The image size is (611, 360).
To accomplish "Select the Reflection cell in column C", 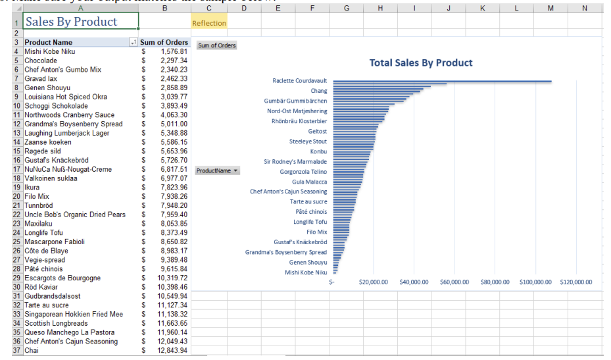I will pos(208,23).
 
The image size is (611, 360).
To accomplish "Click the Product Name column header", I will pos(49,42).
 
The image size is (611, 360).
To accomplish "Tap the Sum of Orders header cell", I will pos(164,42).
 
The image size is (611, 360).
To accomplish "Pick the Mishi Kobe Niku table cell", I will pos(50,51).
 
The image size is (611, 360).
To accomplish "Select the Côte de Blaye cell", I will pos(46,251).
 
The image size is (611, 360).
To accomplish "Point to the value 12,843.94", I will pos(172,351).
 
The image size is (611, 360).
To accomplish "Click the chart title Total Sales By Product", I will pos(421,63).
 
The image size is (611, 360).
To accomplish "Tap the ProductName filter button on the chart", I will pos(217,170).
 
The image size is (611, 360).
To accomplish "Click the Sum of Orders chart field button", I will pos(217,45).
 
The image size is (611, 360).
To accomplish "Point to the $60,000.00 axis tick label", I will pos(454,282).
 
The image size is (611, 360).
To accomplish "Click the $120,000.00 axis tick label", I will pos(575,282).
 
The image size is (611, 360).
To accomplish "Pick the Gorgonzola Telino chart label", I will pos(303,172).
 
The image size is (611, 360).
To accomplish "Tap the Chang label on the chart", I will pos(318,91).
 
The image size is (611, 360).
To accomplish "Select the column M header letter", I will pos(550,8).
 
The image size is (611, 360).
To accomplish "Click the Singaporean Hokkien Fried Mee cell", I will pos(74,315).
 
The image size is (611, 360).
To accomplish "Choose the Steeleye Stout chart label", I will pos(308,141).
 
